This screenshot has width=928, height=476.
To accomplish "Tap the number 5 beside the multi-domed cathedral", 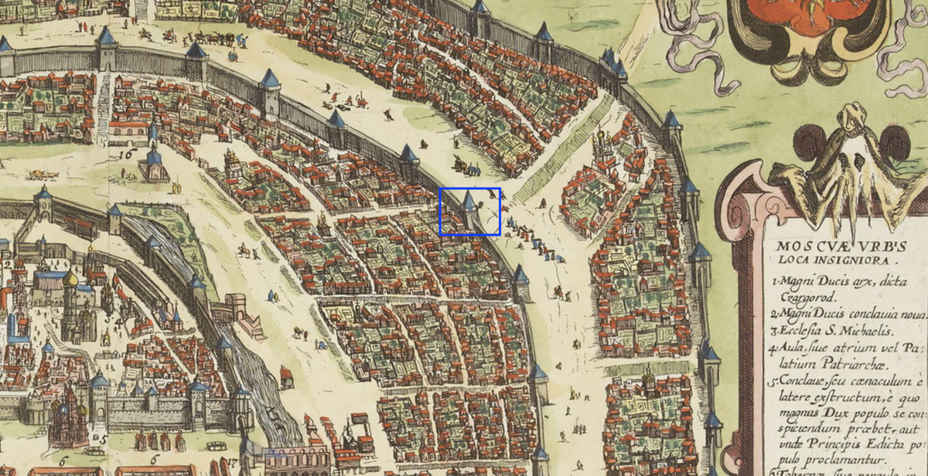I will tap(103, 437).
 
